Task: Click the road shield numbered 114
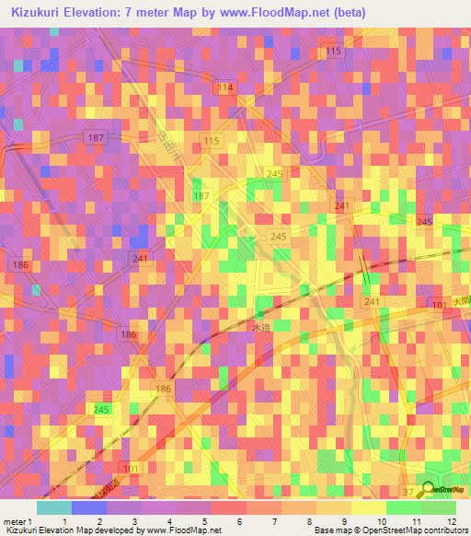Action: pyautogui.click(x=225, y=87)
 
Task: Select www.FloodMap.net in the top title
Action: pyautogui.click(x=278, y=13)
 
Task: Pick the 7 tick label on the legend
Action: pyautogui.click(x=271, y=522)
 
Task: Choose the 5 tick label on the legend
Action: pyautogui.click(x=203, y=522)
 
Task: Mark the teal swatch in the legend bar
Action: pyautogui.click(x=54, y=507)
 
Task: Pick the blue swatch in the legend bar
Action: pyautogui.click(x=89, y=507)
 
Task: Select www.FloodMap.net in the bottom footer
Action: pyautogui.click(x=181, y=530)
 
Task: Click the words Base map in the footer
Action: pyautogui.click(x=330, y=530)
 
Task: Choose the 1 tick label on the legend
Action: pyautogui.click(x=63, y=522)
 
